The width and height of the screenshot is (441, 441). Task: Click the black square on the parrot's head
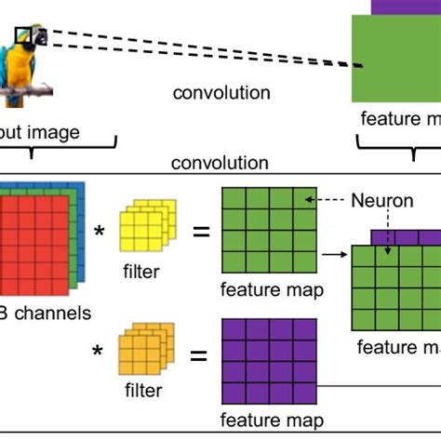(23, 37)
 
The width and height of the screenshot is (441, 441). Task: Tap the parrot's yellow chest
(18, 70)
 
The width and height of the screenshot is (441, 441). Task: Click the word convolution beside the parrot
(222, 93)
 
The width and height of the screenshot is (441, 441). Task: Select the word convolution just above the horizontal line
(220, 164)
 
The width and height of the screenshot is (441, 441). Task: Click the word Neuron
(378, 200)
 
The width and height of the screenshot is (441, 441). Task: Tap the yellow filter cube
(145, 229)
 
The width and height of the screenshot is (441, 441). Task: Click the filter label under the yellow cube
(142, 272)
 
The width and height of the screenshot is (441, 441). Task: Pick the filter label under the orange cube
(142, 391)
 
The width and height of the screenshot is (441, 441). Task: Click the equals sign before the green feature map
(199, 229)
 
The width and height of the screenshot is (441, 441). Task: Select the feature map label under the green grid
(272, 290)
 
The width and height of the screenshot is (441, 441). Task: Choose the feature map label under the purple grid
(272, 420)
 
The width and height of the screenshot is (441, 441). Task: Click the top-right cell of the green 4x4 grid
(304, 198)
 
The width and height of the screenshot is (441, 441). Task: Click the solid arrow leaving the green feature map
(330, 251)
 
